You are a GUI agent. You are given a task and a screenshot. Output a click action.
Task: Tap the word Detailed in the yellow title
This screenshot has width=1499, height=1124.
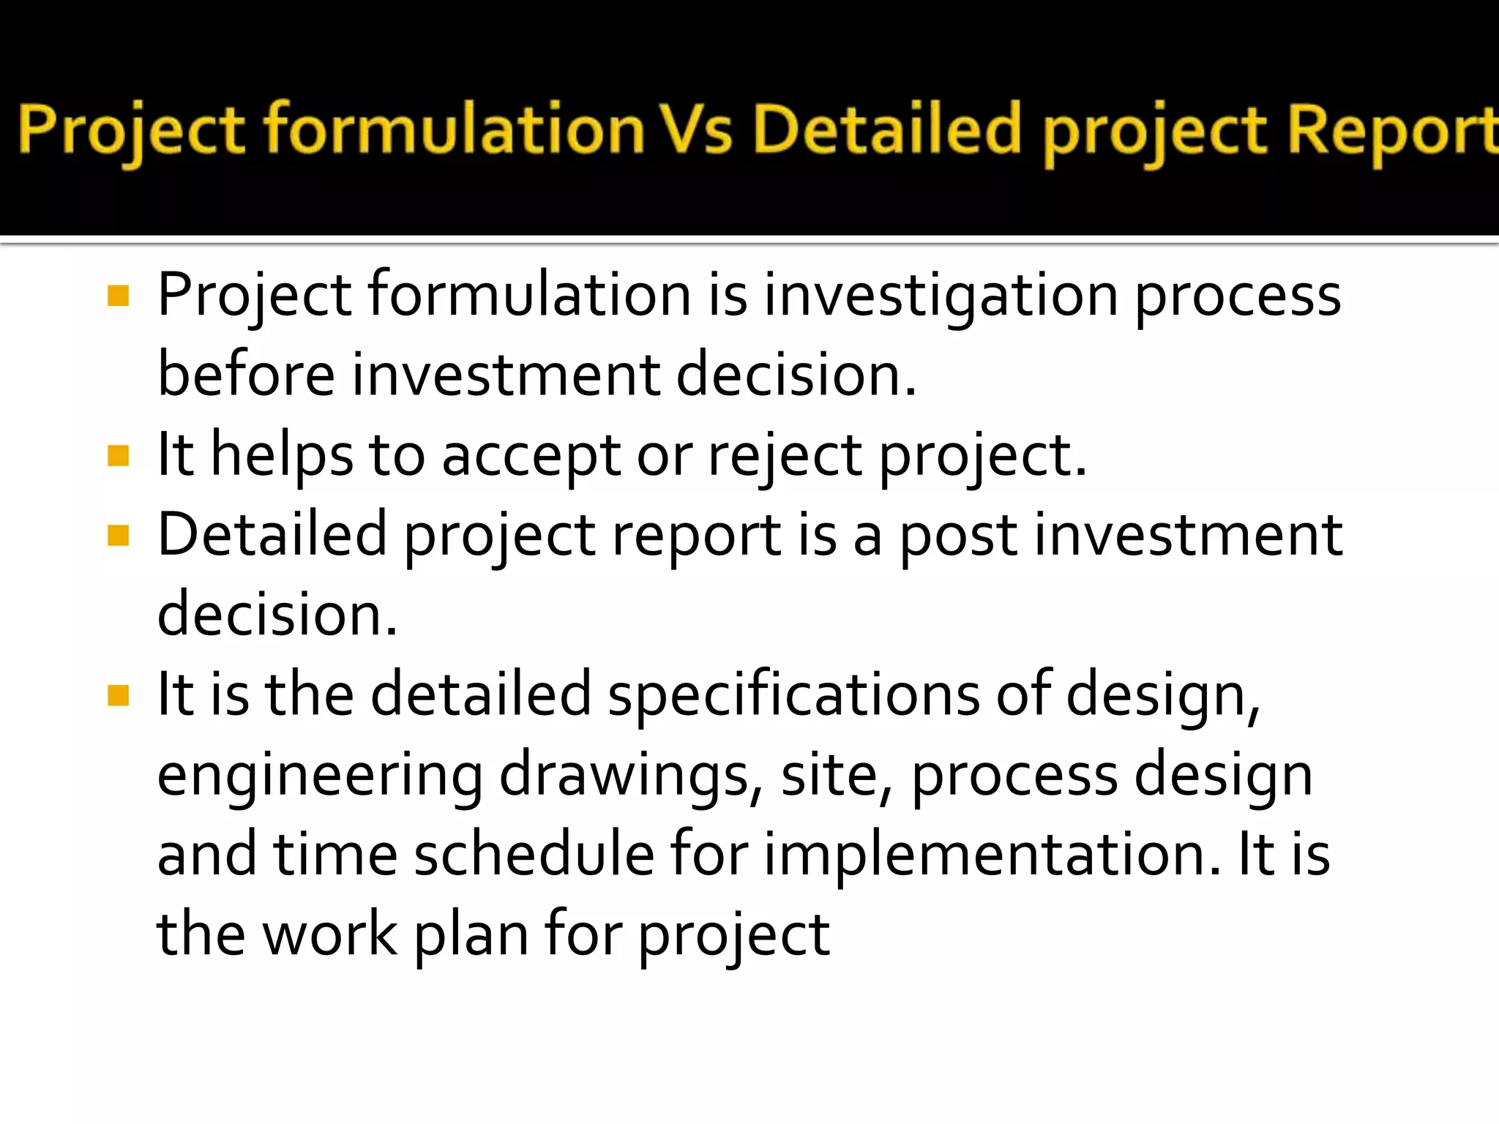pos(886,130)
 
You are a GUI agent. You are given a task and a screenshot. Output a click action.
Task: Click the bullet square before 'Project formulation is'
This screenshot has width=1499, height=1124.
pos(118,296)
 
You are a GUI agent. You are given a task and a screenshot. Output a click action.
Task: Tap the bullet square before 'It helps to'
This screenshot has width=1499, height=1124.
pos(118,456)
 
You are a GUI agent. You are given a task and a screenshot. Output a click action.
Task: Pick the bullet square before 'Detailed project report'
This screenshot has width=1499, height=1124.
pos(118,536)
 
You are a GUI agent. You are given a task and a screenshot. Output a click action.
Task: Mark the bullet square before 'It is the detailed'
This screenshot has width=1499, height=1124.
pos(118,695)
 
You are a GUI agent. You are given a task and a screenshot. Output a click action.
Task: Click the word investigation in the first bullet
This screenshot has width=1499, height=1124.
pos(940,296)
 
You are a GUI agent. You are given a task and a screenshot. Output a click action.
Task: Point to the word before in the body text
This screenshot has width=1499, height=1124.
pos(246,375)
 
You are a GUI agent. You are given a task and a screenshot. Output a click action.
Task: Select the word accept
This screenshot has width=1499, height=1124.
pos(531,456)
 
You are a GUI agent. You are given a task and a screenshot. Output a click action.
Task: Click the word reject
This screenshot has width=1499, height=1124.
pos(785,456)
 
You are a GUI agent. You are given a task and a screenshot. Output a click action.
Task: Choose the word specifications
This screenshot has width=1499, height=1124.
pos(793,695)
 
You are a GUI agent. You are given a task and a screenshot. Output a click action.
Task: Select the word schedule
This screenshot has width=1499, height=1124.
pos(534,855)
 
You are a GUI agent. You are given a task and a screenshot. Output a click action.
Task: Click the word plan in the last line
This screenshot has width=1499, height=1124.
pos(471,935)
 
